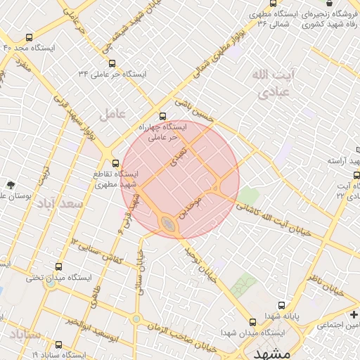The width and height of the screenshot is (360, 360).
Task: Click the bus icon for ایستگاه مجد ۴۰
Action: pyautogui.click(x=29, y=37)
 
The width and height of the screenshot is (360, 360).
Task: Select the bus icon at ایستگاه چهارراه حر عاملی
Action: pyautogui.click(x=163, y=115)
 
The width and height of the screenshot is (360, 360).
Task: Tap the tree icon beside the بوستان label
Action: pyautogui.click(x=11, y=185)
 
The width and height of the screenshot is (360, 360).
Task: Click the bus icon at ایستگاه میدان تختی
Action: pyautogui.click(x=58, y=267)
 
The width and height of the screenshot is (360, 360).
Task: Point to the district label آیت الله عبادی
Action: pyautogui.click(x=274, y=82)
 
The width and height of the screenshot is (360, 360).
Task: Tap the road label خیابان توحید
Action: pyautogui.click(x=200, y=264)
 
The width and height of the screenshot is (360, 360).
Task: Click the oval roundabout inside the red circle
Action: pyautogui.click(x=168, y=224)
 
